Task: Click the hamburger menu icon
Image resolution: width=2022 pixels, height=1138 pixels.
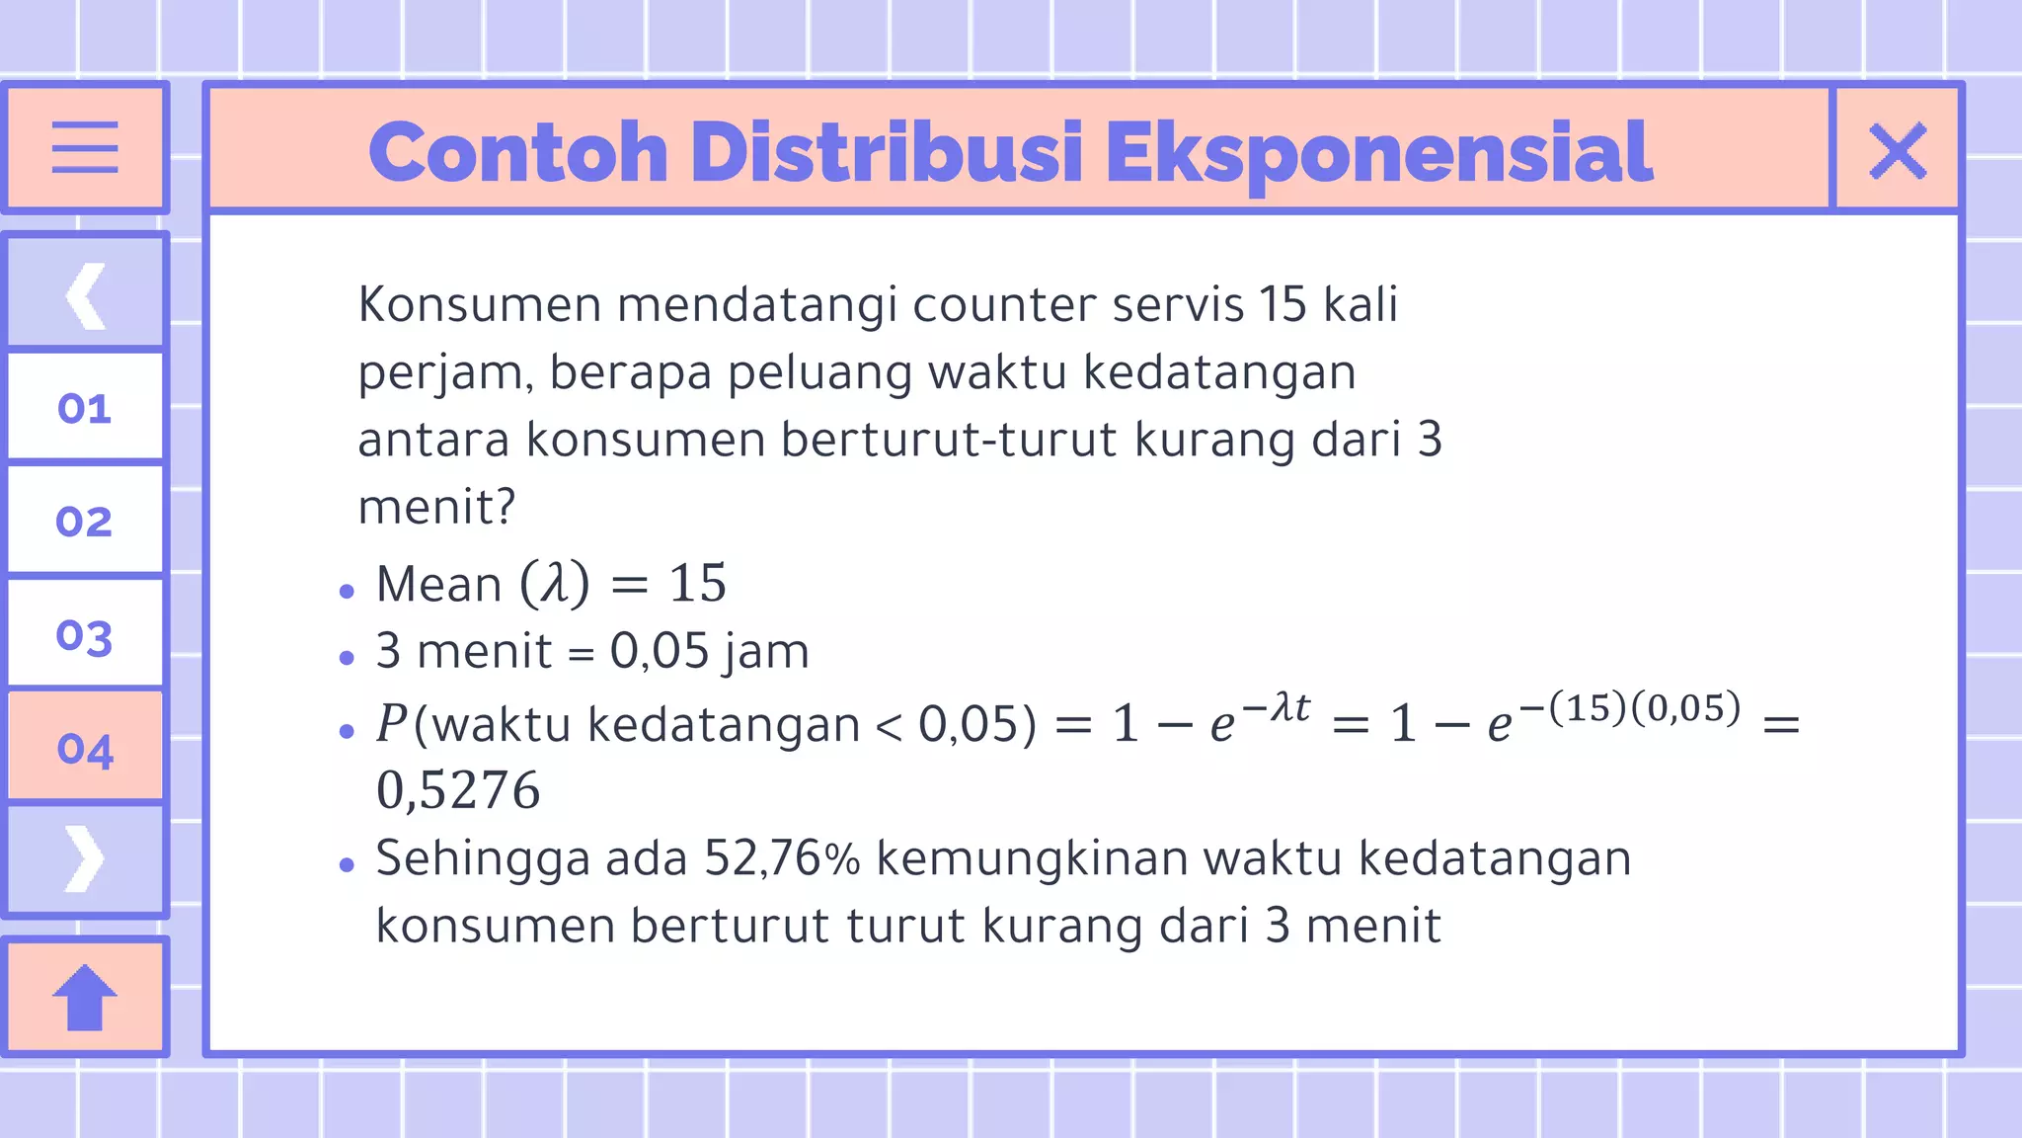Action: coord(85,147)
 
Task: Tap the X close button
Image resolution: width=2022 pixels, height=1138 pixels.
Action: coord(1897,151)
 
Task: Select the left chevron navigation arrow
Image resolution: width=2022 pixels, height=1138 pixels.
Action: coord(86,294)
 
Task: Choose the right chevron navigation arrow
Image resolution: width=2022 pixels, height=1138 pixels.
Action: coord(85,858)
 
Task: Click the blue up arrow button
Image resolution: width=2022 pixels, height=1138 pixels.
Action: coord(85,997)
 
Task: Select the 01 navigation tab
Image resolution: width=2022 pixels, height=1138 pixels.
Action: coord(85,408)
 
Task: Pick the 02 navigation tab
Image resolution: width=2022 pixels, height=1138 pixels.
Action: coord(85,521)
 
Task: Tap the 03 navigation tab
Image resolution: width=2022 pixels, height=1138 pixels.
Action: coord(85,635)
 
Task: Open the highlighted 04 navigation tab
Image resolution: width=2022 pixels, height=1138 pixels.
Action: coord(85,749)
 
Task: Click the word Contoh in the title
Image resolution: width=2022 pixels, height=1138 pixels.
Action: coord(518,153)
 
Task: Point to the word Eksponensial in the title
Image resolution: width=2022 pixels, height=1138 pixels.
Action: coord(1378,155)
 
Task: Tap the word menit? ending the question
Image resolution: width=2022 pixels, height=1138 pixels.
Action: coord(436,508)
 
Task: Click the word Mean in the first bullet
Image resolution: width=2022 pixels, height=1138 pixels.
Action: coord(439,584)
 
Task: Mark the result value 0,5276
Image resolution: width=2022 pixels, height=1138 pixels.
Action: coord(458,790)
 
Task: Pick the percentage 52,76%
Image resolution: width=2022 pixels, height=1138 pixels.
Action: coord(781,858)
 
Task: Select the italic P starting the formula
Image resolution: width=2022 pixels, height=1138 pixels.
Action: coord(392,724)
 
